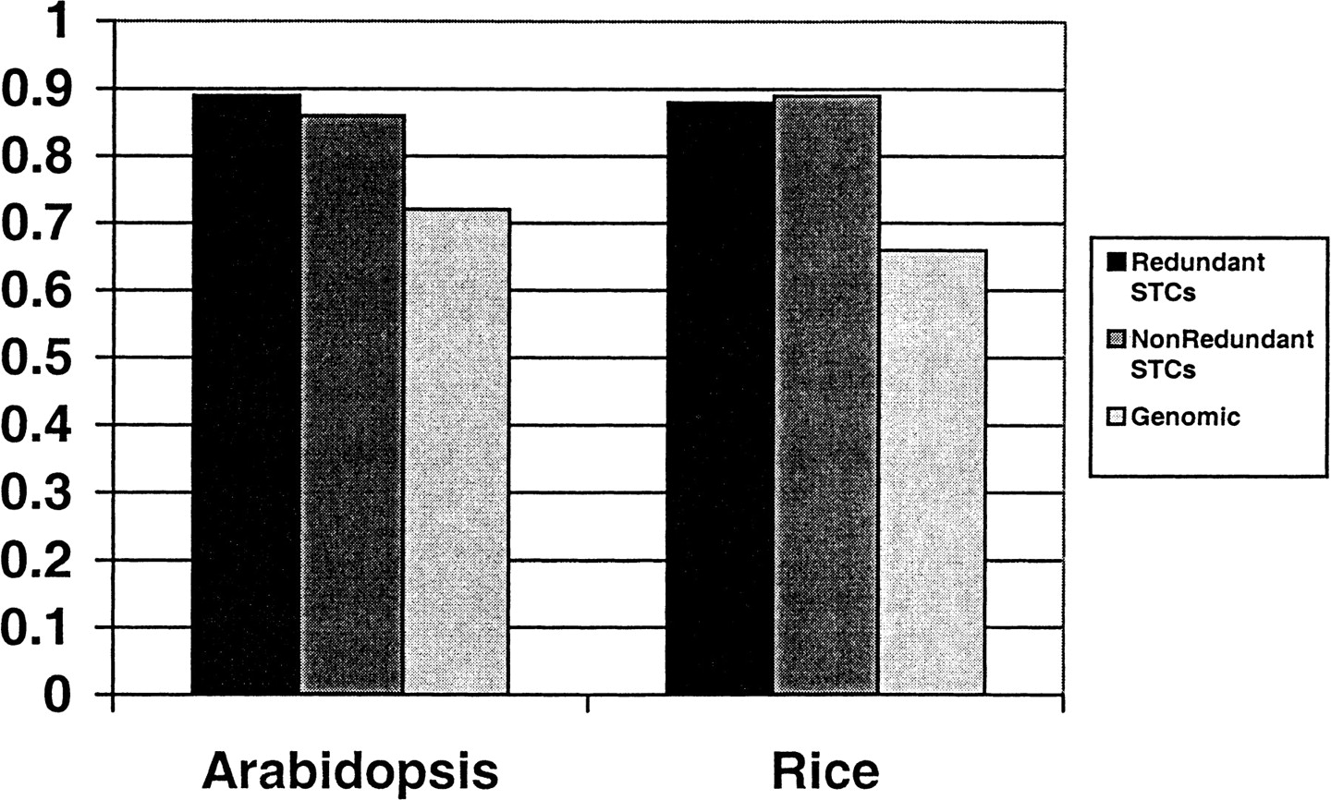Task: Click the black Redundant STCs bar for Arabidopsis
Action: click(x=246, y=394)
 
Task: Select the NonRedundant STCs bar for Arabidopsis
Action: click(x=353, y=404)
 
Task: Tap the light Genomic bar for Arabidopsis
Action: click(x=458, y=452)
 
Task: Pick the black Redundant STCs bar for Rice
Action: click(x=720, y=397)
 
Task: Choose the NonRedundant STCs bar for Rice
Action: click(x=827, y=394)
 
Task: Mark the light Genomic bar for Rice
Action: click(x=933, y=472)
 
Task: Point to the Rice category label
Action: click(x=826, y=770)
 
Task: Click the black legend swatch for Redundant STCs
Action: click(x=1117, y=262)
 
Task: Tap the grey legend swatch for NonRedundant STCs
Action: click(x=1117, y=340)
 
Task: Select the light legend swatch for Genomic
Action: click(x=1117, y=417)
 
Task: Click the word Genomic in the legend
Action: click(x=1185, y=417)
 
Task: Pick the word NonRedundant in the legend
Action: click(x=1222, y=339)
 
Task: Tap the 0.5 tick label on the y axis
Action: click(x=37, y=358)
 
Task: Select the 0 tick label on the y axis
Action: click(x=57, y=695)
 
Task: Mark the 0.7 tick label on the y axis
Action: click(x=37, y=224)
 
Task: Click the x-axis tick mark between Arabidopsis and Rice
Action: click(x=588, y=703)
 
